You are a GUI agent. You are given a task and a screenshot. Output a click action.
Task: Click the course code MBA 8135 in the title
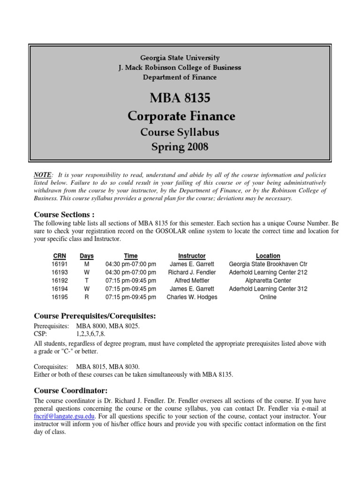(180, 99)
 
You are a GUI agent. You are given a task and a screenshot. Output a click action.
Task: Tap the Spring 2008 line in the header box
(180, 147)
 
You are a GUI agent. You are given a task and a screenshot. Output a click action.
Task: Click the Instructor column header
(192, 256)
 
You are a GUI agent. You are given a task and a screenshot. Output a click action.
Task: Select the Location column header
(268, 256)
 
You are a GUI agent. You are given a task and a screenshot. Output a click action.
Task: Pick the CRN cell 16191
(59, 264)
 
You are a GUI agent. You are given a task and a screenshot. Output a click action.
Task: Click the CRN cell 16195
(59, 297)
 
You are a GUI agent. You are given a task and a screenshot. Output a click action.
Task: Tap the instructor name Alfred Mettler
(192, 281)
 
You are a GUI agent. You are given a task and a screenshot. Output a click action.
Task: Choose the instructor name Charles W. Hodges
(192, 297)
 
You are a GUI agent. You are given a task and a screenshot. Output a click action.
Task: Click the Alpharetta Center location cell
(268, 281)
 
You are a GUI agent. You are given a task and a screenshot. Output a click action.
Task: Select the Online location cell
(268, 297)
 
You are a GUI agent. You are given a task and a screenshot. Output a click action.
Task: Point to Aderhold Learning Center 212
(268, 272)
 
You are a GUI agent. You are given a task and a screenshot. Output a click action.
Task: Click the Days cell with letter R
(87, 297)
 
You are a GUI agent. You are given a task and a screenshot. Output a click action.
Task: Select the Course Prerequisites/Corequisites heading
(95, 316)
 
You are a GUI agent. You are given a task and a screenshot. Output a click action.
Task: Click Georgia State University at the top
(180, 58)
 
